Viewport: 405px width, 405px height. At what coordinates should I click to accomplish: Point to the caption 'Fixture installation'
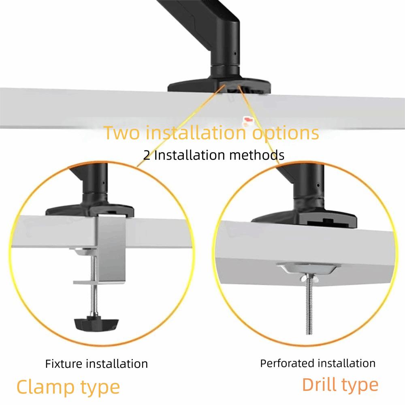point(96,363)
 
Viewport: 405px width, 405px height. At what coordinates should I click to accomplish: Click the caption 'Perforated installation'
point(318,362)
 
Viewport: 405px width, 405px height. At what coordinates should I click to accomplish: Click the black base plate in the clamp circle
point(90,210)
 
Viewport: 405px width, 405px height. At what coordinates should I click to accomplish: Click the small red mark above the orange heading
point(247,120)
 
